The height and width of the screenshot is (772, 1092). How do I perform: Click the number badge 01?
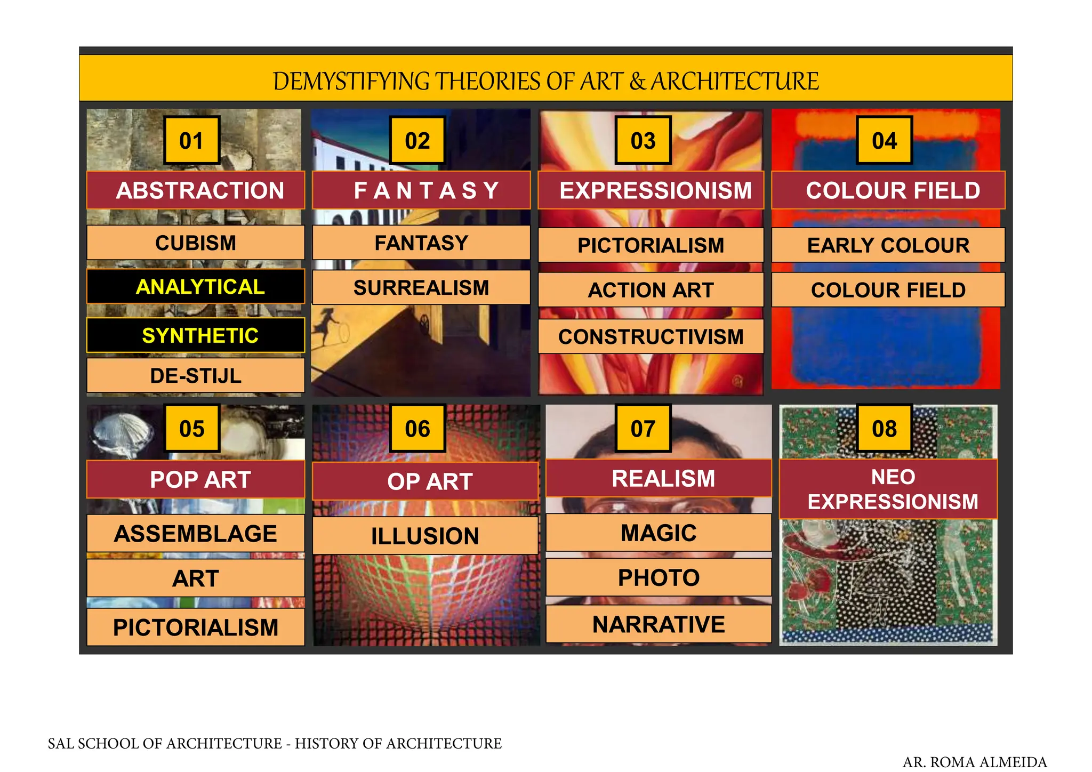coord(191,140)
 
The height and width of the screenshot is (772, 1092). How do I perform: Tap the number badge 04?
coord(884,140)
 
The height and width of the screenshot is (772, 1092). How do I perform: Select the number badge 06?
coord(417,428)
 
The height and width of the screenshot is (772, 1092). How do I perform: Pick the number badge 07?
coord(643,428)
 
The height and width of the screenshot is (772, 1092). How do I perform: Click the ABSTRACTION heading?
coord(196,190)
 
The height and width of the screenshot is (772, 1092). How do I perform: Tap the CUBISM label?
coord(196,243)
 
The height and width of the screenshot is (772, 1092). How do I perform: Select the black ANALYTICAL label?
coord(196,287)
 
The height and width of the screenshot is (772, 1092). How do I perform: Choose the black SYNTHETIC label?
coord(196,335)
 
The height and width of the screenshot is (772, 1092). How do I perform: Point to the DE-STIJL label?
coord(196,375)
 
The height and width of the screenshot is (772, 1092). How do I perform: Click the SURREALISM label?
coord(421,287)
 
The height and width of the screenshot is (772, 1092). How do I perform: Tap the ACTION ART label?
coord(651,290)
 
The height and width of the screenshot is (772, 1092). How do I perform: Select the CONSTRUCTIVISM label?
coord(651,336)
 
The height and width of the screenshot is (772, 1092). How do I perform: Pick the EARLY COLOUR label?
coord(888,245)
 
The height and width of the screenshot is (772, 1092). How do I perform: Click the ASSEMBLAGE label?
coord(196,533)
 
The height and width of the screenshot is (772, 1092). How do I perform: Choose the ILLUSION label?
coord(425,536)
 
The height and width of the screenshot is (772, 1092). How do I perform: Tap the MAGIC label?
coord(659,533)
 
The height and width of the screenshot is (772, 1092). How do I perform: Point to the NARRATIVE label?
coord(659,624)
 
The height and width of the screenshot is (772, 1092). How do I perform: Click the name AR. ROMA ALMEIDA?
coord(974,762)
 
